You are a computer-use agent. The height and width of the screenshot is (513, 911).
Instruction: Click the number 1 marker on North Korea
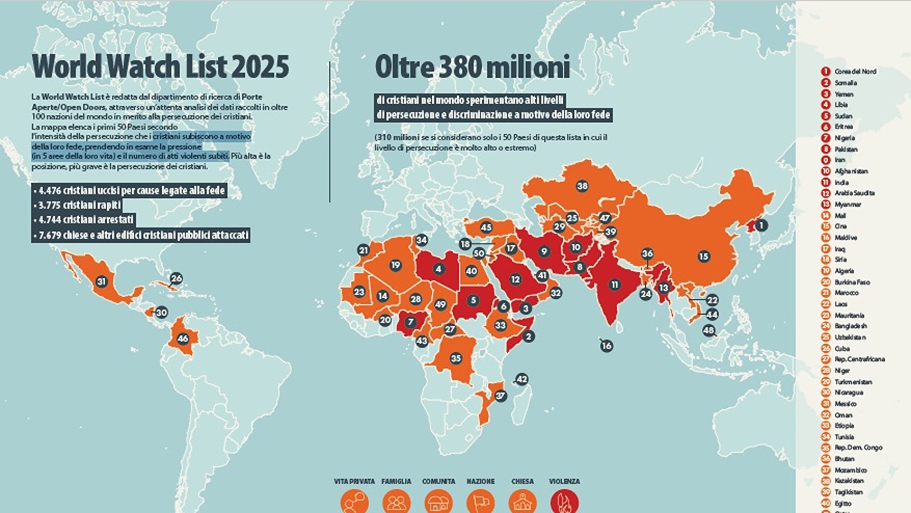point(761,226)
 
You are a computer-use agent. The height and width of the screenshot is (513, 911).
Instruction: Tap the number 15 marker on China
point(704,256)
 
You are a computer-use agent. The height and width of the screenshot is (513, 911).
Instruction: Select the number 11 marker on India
point(615,284)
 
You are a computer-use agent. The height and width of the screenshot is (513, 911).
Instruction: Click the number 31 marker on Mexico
point(102,282)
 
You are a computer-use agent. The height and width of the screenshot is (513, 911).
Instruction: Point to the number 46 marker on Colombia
point(183,339)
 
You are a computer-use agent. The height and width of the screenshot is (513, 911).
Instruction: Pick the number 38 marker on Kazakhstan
point(582,186)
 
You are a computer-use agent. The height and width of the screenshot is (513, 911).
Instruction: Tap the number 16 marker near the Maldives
point(606,346)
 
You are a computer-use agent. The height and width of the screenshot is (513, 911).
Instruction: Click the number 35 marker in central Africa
point(456,358)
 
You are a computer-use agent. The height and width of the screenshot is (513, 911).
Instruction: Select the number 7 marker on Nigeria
point(410,322)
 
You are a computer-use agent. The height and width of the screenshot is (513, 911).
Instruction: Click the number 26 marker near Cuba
point(176,278)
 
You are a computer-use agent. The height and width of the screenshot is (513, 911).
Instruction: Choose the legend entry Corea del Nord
point(855,72)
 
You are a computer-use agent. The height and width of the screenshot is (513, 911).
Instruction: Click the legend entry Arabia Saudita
point(854,193)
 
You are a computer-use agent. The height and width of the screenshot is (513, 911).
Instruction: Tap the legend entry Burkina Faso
point(852,282)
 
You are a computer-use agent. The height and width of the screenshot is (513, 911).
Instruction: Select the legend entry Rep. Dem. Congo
point(858,448)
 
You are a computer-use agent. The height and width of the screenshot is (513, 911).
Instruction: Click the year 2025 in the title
point(260,66)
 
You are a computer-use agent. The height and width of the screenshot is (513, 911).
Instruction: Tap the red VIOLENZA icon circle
point(564,502)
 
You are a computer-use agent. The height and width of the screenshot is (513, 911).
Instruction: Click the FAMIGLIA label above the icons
point(396,481)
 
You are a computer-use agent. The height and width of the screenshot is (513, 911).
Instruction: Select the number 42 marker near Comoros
point(521,379)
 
